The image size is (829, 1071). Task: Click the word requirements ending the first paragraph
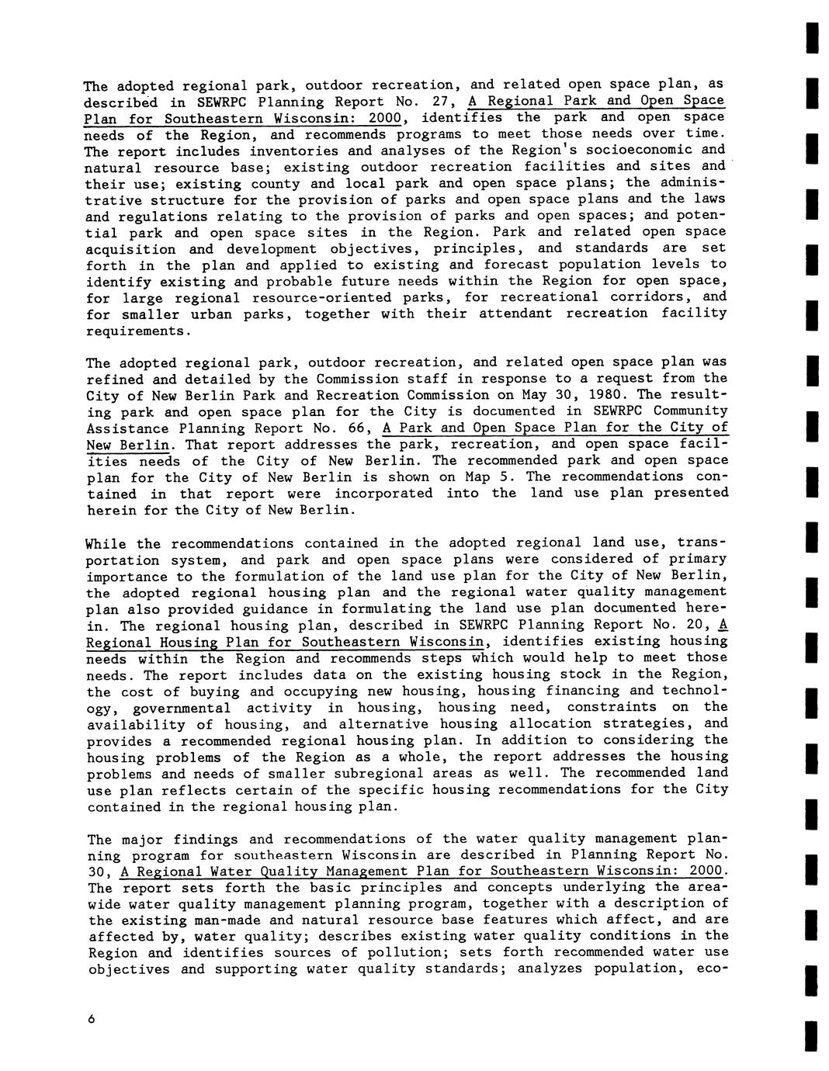137,331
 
